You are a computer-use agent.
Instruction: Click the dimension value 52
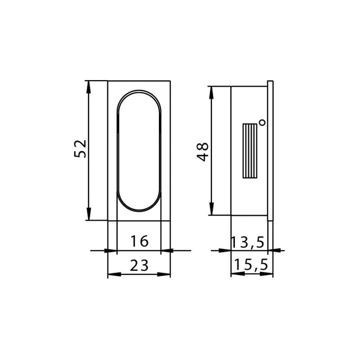[x=80, y=149]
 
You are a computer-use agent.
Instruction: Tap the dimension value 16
[x=139, y=241]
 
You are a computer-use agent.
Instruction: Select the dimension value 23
[x=139, y=266]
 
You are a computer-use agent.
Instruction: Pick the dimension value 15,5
[x=251, y=265]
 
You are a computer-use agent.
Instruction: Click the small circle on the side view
[x=262, y=122]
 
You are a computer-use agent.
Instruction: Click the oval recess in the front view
[x=139, y=150]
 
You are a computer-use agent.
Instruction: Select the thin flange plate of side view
[x=270, y=150]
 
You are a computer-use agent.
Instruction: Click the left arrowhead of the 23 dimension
[x=112, y=274]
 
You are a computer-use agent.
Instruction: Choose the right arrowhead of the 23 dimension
[x=166, y=274]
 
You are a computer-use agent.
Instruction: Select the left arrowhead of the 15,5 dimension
[x=235, y=274]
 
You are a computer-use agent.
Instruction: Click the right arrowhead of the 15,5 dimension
[x=269, y=274]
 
